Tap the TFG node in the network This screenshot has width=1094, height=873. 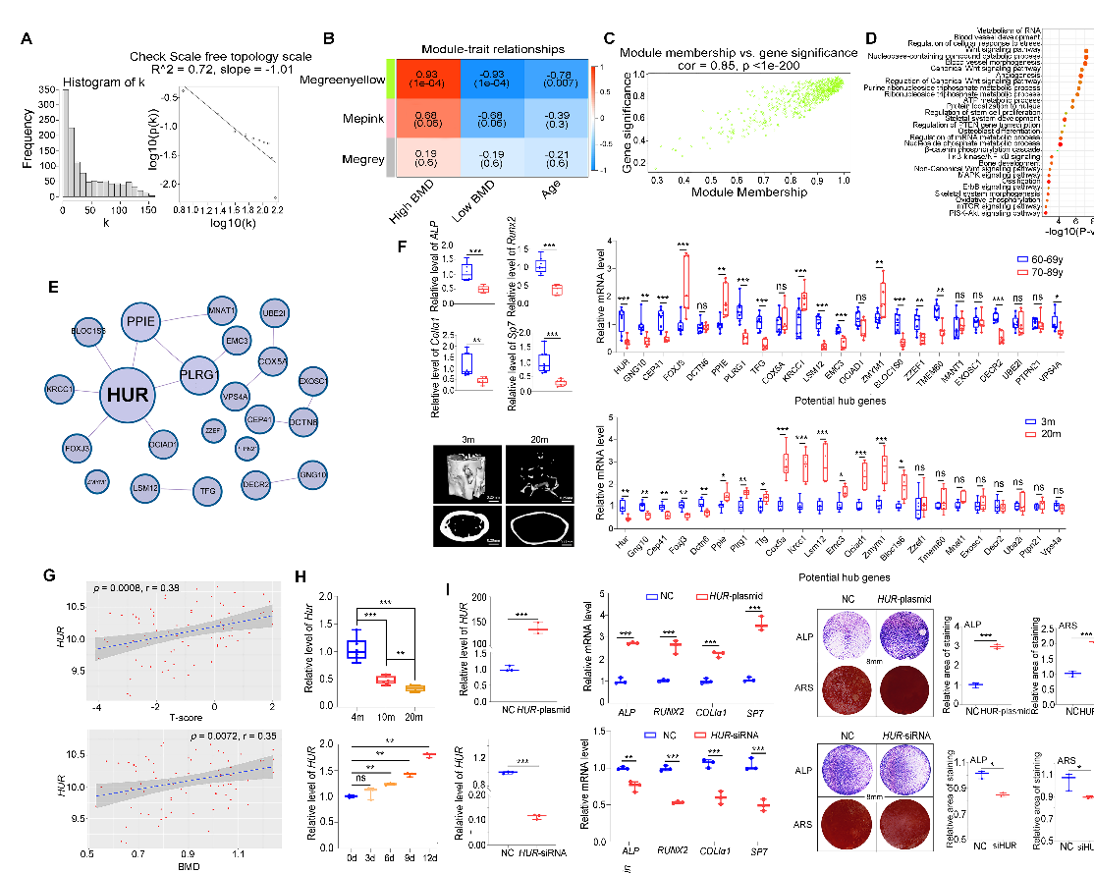(207, 490)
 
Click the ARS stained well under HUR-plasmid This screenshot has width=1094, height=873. (904, 694)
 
